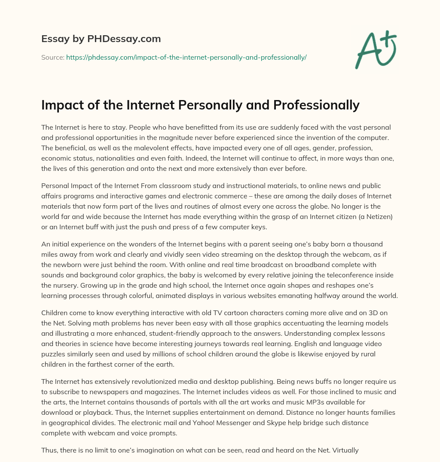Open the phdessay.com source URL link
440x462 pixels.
(186, 57)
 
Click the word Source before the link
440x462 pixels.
(52, 57)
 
